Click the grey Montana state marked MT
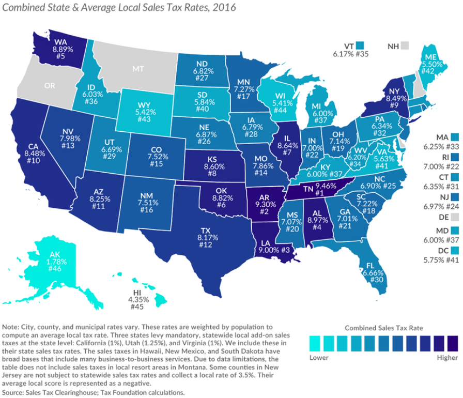[138, 68]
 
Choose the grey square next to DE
[455, 217]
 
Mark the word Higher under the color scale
[447, 357]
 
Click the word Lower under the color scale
[319, 357]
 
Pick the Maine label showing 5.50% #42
[431, 67]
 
